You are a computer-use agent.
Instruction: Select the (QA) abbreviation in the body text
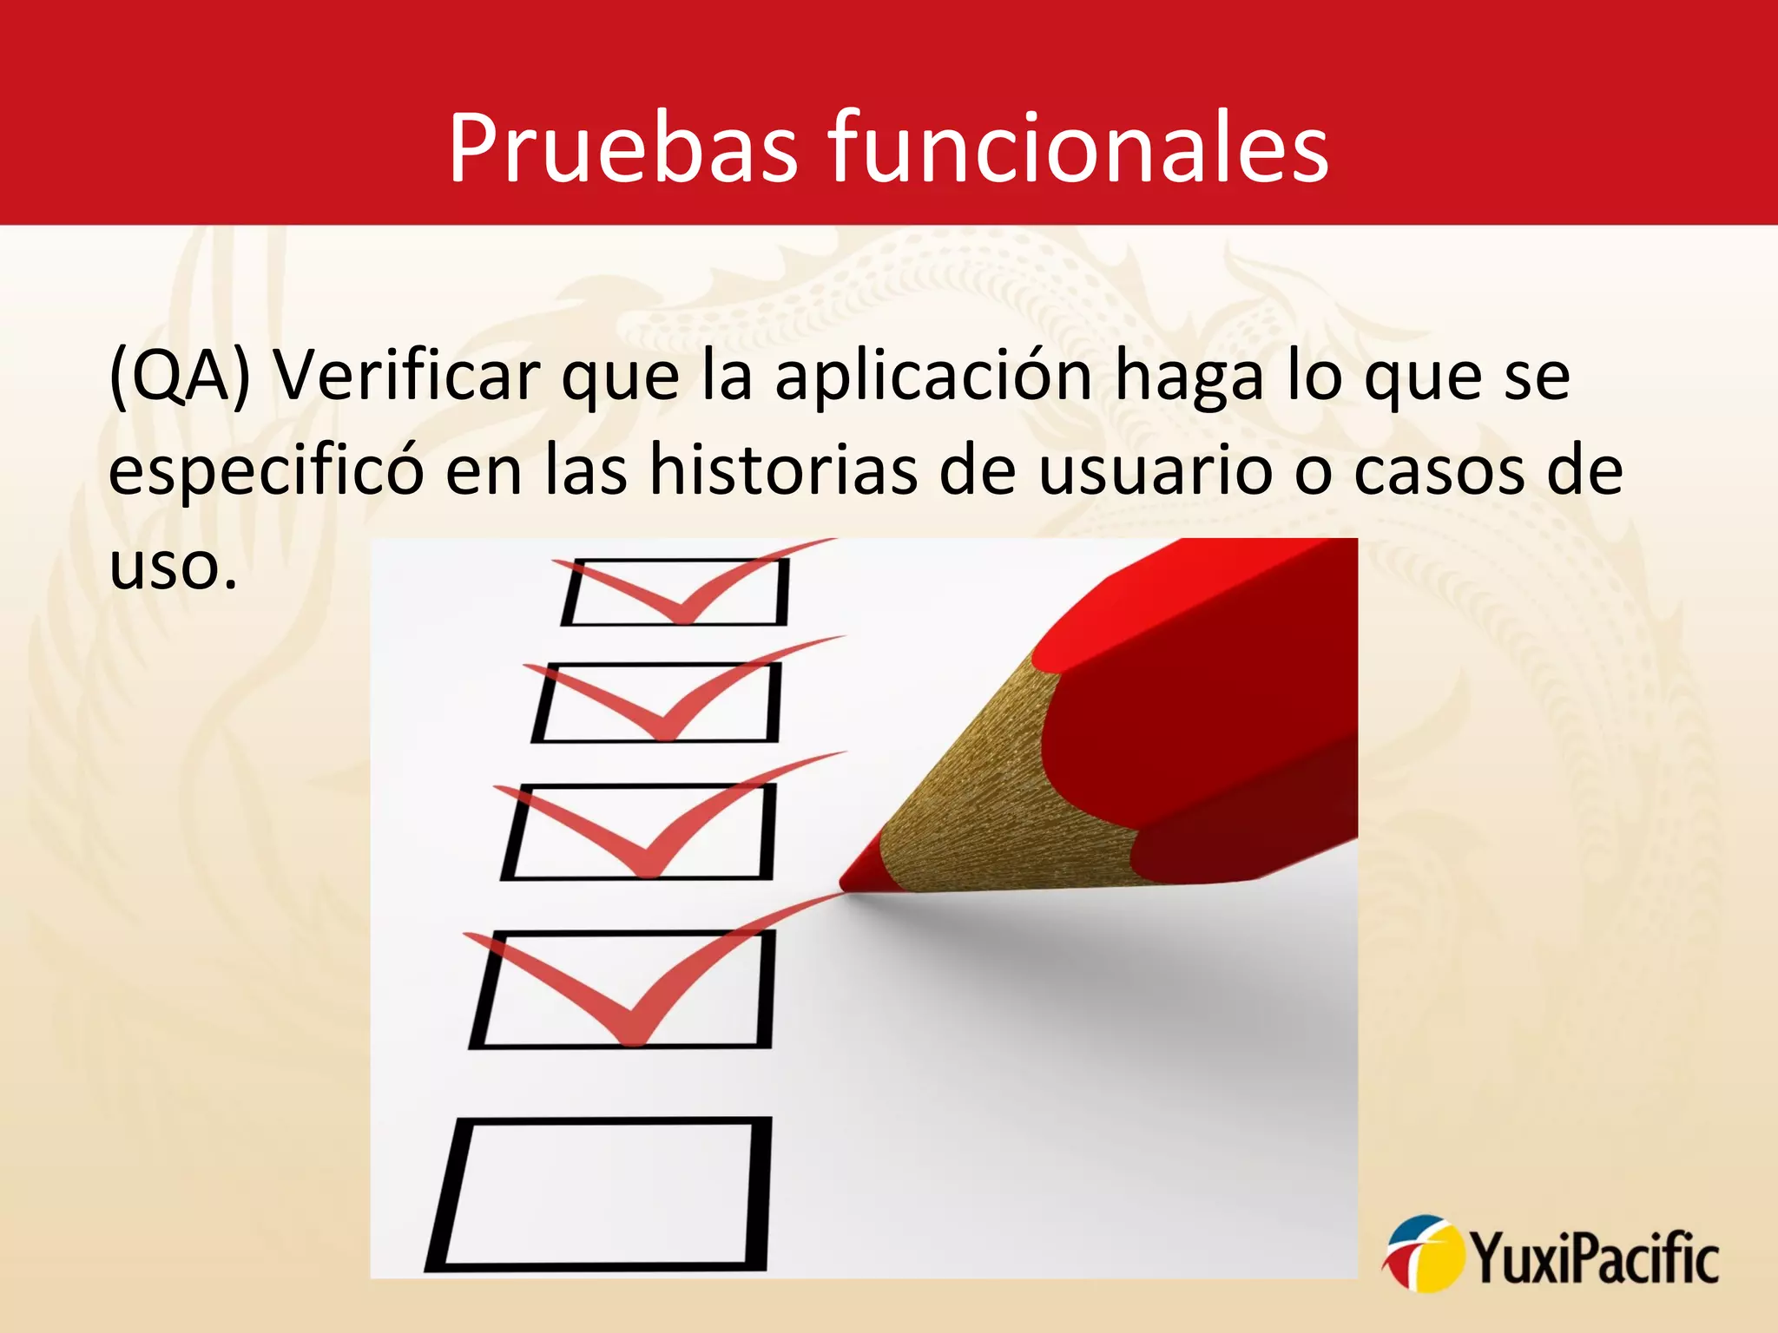[x=180, y=376]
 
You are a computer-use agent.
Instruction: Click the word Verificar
[x=406, y=376]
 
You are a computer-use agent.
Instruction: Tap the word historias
[x=783, y=470]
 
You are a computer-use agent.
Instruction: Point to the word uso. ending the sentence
[x=173, y=566]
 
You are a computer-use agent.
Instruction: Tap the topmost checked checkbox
[x=675, y=593]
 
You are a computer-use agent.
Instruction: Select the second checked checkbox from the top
[x=656, y=702]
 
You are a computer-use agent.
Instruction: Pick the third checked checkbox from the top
[x=638, y=831]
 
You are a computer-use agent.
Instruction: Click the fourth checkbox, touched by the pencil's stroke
[x=621, y=989]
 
